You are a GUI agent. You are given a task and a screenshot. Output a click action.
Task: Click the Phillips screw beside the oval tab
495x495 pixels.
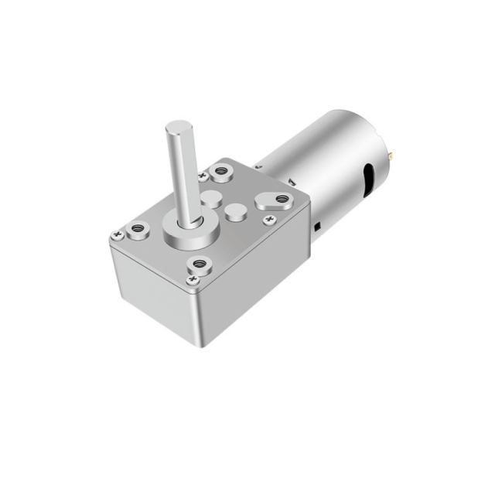pos(270,221)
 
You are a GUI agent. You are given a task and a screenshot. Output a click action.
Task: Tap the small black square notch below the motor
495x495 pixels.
pos(318,226)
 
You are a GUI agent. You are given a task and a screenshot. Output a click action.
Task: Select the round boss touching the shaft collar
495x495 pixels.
pos(207,200)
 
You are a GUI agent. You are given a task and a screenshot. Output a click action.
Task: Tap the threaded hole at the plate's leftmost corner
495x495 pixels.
pos(138,228)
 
